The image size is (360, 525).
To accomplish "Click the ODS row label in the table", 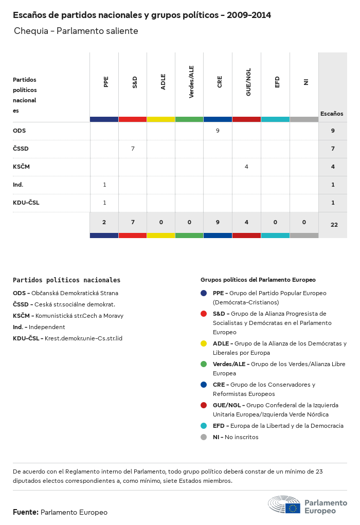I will point(19,131).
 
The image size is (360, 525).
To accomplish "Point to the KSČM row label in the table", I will point(22,167).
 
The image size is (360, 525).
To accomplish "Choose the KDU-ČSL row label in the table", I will point(26,203).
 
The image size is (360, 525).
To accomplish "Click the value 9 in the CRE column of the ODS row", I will point(218,131).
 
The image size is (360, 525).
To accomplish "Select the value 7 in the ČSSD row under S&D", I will point(133,149).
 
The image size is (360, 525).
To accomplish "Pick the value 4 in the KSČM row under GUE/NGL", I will point(246,167).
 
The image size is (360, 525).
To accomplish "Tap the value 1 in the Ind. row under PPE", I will point(104,185).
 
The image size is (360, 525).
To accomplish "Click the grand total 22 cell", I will point(334,224).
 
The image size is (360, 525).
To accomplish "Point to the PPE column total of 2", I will point(104,222).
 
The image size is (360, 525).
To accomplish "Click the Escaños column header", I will point(332,114).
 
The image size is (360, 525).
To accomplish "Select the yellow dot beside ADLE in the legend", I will point(204,343).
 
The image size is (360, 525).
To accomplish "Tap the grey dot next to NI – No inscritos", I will point(204,437).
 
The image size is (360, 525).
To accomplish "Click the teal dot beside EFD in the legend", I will point(204,426).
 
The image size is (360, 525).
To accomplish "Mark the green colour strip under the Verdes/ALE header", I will point(189,119).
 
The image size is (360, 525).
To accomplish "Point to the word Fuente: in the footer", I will point(25,512).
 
